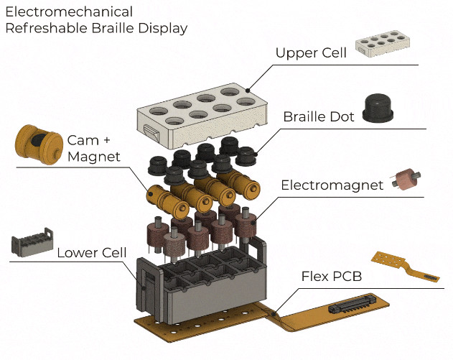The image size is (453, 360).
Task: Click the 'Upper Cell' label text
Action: pos(311,53)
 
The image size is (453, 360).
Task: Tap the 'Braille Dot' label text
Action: pos(319,116)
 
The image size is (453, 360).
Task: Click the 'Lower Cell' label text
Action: pos(92,252)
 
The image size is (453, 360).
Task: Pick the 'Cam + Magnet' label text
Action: pos(93,147)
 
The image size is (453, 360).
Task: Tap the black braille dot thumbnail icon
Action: pos(384,109)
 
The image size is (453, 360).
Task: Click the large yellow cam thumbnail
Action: pos(37,144)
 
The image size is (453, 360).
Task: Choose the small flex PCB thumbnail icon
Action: pos(406,267)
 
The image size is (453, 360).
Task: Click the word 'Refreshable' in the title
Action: pos(44,29)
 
